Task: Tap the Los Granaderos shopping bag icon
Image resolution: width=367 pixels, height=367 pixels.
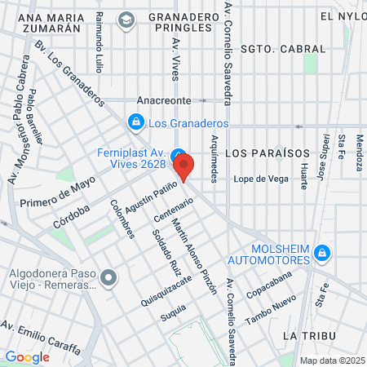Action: click(135, 123)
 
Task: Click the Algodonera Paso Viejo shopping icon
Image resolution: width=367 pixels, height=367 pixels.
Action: click(109, 280)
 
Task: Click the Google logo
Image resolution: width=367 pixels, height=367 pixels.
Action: click(27, 356)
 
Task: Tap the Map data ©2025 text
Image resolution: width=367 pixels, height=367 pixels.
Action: click(331, 360)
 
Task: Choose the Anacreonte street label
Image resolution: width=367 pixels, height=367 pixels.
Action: click(164, 100)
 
